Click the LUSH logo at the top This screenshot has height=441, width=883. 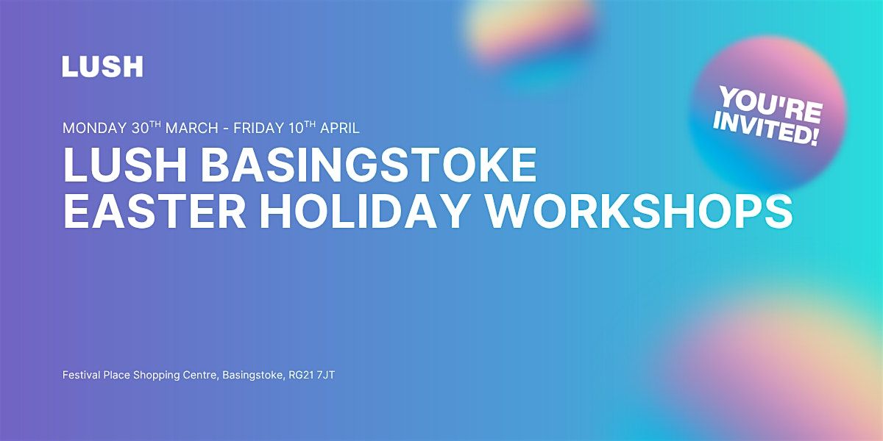102,66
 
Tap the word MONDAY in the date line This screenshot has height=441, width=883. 95,129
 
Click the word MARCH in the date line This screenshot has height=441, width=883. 191,129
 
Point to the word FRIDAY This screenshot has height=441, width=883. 258,129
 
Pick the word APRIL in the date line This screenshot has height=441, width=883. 339,129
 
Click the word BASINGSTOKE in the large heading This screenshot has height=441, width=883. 369,165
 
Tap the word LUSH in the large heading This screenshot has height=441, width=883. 125,165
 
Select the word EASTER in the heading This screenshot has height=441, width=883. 155,211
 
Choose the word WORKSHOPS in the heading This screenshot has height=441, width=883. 639,211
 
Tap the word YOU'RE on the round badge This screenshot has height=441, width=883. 771,105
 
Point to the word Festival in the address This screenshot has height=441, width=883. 82,375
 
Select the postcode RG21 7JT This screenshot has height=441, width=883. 312,375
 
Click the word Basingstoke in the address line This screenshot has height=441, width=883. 253,376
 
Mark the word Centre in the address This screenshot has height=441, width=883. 201,376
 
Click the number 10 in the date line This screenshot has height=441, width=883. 296,129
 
